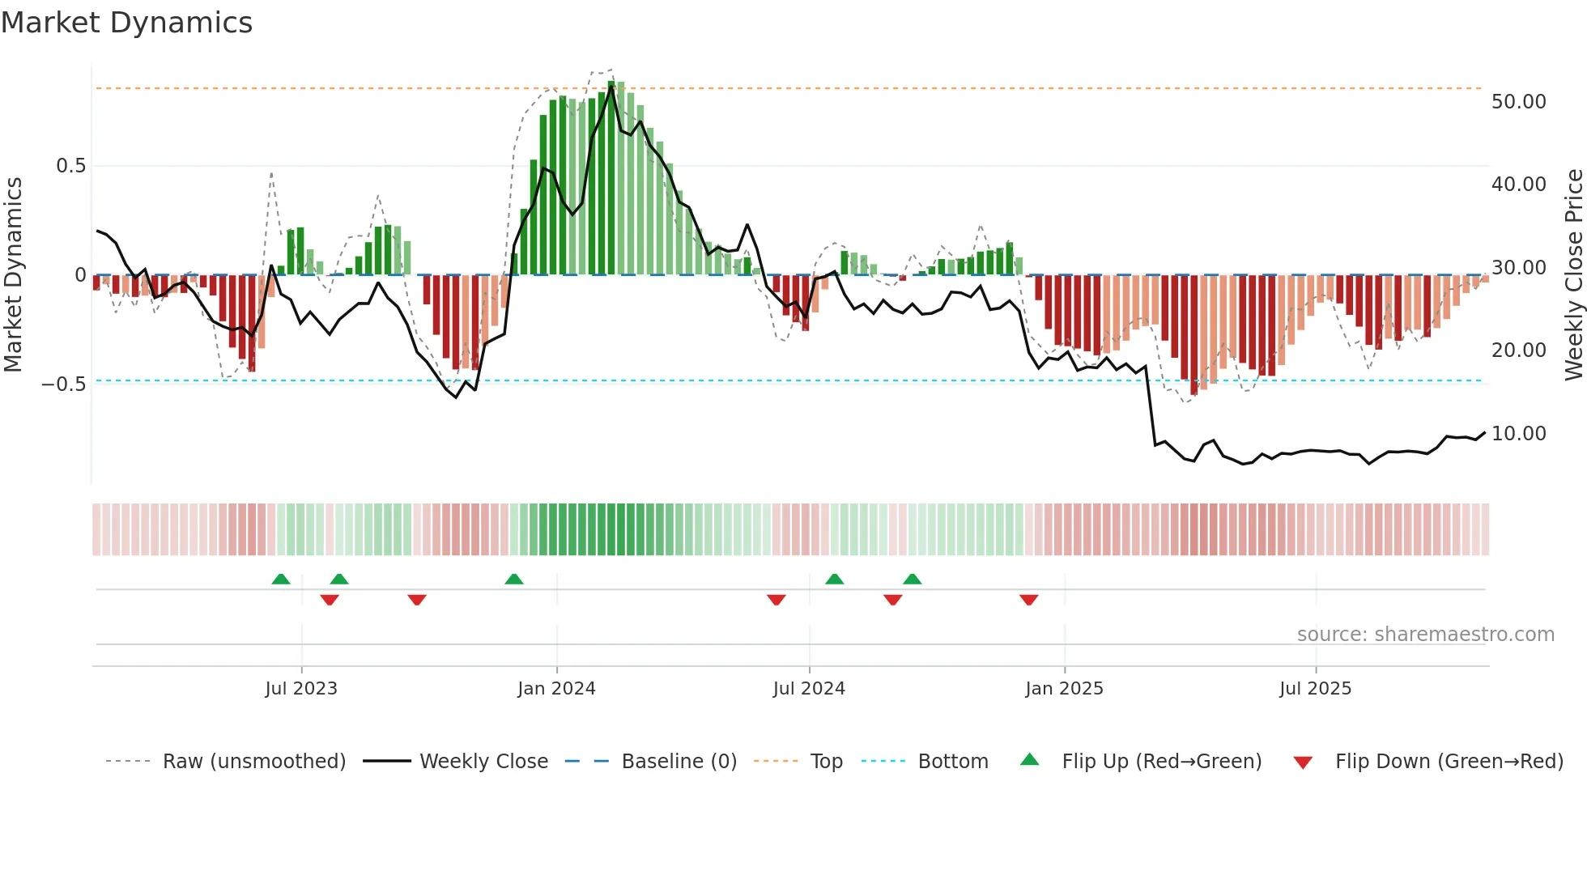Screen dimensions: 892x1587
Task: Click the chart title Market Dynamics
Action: click(126, 23)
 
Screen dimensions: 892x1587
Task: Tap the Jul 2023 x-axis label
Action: click(301, 689)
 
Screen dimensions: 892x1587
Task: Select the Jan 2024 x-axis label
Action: click(556, 689)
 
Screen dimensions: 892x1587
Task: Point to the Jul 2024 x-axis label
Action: click(809, 689)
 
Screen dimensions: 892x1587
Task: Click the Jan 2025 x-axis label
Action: click(1064, 689)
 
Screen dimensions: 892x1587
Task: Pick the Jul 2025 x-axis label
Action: click(1316, 689)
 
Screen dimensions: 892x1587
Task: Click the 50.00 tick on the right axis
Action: click(1518, 102)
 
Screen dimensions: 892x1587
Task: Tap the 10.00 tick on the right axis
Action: click(1518, 434)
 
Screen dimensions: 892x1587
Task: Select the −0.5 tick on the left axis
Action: click(63, 384)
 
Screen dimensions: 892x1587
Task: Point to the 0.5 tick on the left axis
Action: click(70, 166)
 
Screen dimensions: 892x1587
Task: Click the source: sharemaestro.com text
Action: click(1425, 635)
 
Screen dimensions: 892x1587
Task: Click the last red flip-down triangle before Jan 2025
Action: click(1029, 600)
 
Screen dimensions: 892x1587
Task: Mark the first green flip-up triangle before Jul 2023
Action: click(281, 579)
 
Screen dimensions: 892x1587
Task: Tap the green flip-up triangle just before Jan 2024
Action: click(514, 579)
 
